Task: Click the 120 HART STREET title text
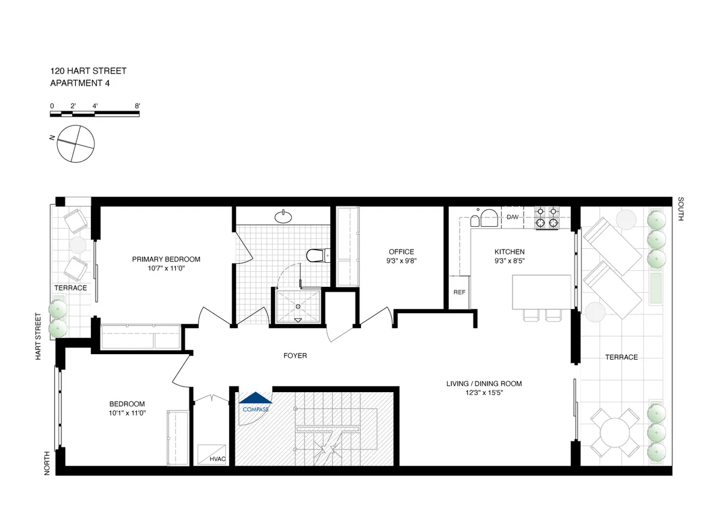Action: pyautogui.click(x=88, y=71)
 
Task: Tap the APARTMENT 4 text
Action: pyautogui.click(x=79, y=84)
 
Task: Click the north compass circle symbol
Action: pyautogui.click(x=76, y=144)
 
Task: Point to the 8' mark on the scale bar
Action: pyautogui.click(x=138, y=106)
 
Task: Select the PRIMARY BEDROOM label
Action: pyautogui.click(x=166, y=259)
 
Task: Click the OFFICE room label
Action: pyautogui.click(x=401, y=252)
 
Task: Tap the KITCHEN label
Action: pyautogui.click(x=510, y=252)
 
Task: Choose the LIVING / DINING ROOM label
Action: pyautogui.click(x=484, y=384)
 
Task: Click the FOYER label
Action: pyautogui.click(x=295, y=356)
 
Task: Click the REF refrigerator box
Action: pyautogui.click(x=460, y=292)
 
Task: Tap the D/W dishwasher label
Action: pyautogui.click(x=513, y=217)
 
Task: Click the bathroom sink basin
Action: pyautogui.click(x=283, y=216)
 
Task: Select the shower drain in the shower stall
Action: pyautogui.click(x=298, y=305)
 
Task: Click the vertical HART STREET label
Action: pyautogui.click(x=38, y=337)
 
